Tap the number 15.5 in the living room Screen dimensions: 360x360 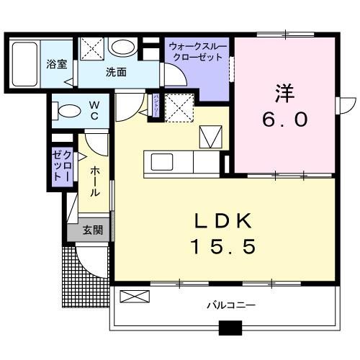click(223, 247)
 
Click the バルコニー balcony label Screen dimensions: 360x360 click(231, 305)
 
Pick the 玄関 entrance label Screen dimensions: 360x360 click(91, 230)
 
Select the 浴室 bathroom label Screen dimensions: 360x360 click(58, 63)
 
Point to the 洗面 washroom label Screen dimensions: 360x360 click(116, 72)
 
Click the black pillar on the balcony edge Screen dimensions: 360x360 click(230, 327)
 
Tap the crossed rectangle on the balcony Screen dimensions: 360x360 click(135, 296)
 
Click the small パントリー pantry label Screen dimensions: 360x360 click(155, 104)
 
